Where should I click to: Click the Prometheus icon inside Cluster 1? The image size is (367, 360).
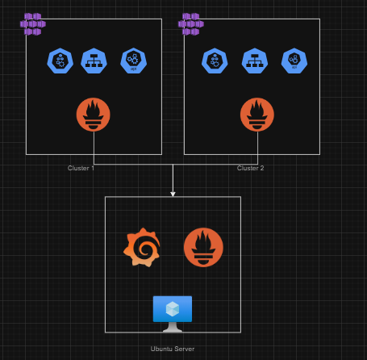[93, 115]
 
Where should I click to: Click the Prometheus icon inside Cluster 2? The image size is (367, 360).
[256, 115]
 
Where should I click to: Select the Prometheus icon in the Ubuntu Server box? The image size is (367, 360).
[203, 247]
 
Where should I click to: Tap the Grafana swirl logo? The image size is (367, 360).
[141, 247]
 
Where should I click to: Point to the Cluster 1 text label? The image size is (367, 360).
[81, 168]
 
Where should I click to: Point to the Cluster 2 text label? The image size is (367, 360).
[250, 168]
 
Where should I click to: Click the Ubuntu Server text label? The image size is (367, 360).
[173, 349]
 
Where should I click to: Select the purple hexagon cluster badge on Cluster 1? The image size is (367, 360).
[33, 23]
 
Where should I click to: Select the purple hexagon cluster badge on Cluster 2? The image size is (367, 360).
[191, 23]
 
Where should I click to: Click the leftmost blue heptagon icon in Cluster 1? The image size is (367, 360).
[59, 61]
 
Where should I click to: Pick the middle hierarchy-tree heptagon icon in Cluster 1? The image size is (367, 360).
[93, 61]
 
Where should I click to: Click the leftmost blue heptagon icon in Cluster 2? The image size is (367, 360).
[214, 61]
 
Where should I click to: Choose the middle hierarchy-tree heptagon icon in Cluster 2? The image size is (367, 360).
[254, 61]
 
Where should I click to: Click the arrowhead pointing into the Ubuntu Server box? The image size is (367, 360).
[173, 193]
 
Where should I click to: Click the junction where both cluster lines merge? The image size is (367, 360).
[173, 165]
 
